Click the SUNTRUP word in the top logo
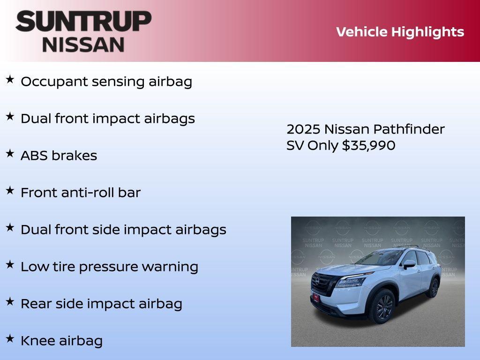[83, 22]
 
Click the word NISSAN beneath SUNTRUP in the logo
[83, 45]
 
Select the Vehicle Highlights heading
[400, 32]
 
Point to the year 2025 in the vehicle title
[303, 129]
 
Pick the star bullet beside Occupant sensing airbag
[9, 80]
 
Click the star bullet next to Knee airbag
[9, 339]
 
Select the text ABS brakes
[59, 156]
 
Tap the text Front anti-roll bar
[80, 193]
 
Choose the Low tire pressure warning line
[109, 267]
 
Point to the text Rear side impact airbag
[101, 304]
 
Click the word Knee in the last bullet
[36, 341]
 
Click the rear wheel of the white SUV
[432, 287]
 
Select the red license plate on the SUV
[316, 297]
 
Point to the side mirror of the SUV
[409, 264]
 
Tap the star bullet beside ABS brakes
[9, 154]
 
